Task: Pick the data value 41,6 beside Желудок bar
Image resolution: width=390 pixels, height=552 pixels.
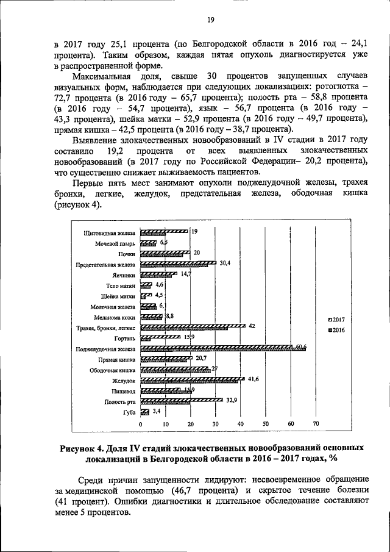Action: pos(254,379)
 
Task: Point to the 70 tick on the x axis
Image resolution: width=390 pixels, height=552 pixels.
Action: pos(316,424)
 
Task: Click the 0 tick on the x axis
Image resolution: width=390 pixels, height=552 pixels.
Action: pos(140,424)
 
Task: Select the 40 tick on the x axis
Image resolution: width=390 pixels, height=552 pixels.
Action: pos(241,424)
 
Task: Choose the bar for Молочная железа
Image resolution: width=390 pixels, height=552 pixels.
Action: pos(148,307)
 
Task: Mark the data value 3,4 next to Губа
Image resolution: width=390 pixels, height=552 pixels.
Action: pos(156,412)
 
